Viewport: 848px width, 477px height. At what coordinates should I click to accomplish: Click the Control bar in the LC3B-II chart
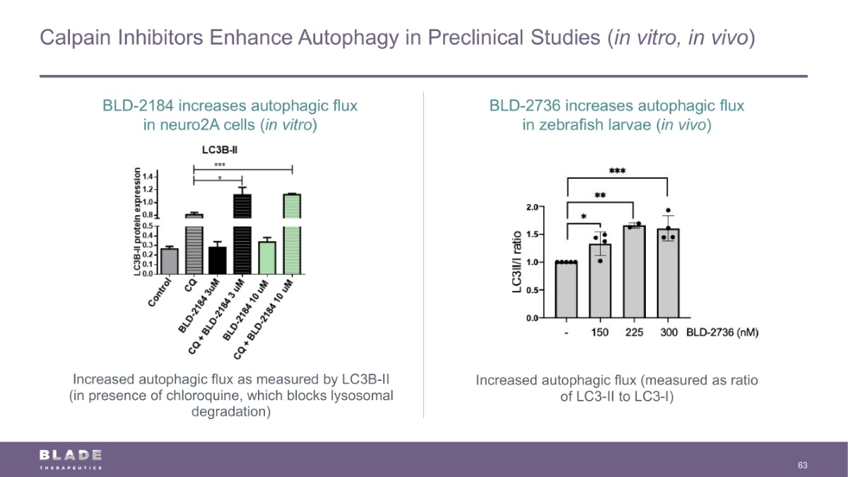tap(169, 261)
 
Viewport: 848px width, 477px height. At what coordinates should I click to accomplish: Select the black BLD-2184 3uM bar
tap(218, 260)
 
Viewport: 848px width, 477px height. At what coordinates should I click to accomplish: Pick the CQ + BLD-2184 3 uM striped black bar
tap(242, 233)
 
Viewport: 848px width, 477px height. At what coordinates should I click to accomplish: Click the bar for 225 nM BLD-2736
tap(633, 272)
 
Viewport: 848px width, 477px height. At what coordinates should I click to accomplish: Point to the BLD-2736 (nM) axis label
tap(723, 333)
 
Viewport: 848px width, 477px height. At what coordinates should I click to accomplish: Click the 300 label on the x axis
tap(668, 333)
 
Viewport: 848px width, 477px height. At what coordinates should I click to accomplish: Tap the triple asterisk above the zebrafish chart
tap(618, 171)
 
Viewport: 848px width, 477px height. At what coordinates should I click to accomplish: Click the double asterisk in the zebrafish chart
tap(600, 195)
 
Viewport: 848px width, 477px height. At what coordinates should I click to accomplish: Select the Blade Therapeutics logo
tap(71, 458)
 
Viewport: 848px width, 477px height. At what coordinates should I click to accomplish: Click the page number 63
tap(802, 465)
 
